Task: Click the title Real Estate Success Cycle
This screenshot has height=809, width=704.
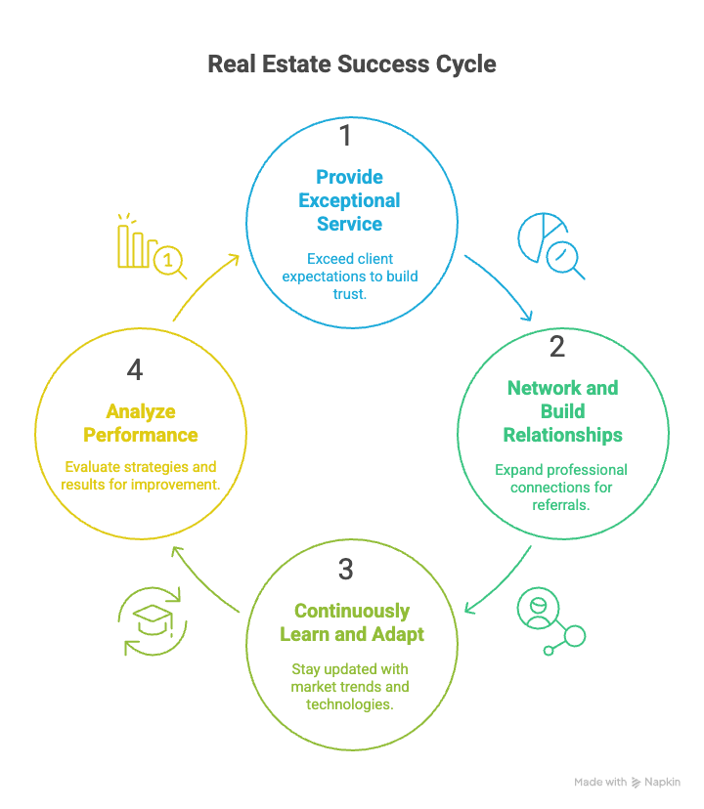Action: pyautogui.click(x=352, y=64)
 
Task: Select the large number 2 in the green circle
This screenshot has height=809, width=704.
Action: pyautogui.click(x=557, y=346)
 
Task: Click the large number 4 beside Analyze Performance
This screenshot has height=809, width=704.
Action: pyautogui.click(x=135, y=370)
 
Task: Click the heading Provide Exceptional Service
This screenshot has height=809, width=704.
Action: pyautogui.click(x=350, y=200)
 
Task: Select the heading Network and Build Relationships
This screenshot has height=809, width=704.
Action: pyautogui.click(x=562, y=410)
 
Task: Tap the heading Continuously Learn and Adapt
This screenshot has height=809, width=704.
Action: pyautogui.click(x=352, y=622)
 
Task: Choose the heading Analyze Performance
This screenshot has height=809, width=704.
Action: pyautogui.click(x=141, y=423)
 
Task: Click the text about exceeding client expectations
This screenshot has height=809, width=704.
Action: pyautogui.click(x=350, y=276)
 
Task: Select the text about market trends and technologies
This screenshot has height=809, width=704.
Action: pyautogui.click(x=350, y=687)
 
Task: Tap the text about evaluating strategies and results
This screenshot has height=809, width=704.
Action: pyautogui.click(x=139, y=475)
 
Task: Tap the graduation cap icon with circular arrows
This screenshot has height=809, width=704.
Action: pyautogui.click(x=152, y=620)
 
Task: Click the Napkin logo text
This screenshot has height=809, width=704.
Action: pyautogui.click(x=662, y=782)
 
